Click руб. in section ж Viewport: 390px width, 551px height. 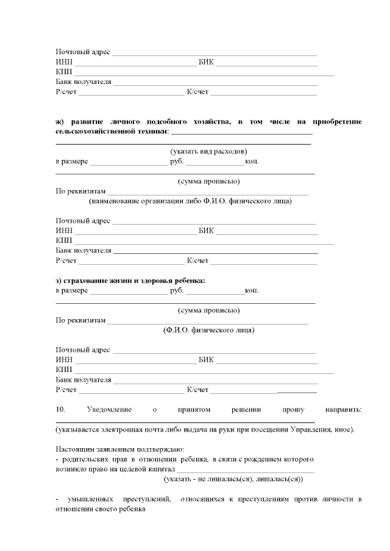[x=177, y=163]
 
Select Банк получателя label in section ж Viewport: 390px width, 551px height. [x=83, y=250]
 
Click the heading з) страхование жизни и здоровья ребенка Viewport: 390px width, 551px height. [x=130, y=280]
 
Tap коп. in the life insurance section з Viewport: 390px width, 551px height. [x=252, y=290]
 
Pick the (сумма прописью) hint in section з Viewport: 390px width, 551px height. [x=208, y=310]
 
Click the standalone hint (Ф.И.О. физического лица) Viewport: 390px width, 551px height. [x=208, y=330]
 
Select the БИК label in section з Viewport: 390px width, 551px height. [x=206, y=360]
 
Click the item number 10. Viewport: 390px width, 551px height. [x=60, y=410]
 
